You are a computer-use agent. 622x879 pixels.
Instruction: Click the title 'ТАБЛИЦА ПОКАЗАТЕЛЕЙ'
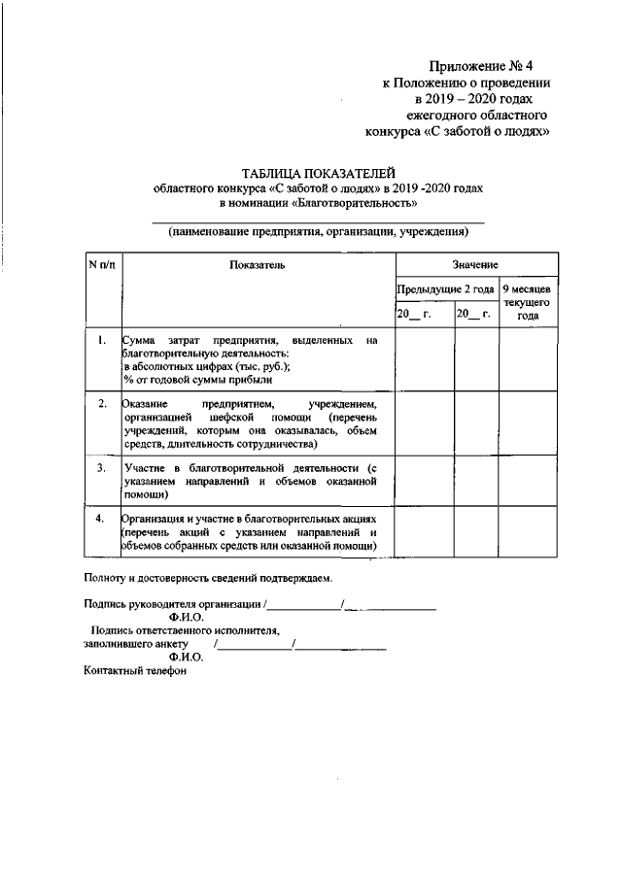(x=317, y=171)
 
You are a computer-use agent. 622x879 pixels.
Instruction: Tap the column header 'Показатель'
(x=258, y=265)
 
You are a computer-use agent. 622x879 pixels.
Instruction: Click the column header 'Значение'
(x=475, y=265)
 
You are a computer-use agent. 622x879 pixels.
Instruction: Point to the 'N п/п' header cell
(x=101, y=265)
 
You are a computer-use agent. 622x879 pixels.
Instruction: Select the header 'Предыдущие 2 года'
(x=446, y=289)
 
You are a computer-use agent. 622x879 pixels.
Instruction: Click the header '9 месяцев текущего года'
(x=528, y=302)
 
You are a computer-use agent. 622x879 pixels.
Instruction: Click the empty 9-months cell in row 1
(x=528, y=360)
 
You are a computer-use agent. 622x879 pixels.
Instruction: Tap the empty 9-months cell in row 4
(x=528, y=532)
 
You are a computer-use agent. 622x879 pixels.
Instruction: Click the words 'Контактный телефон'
(x=134, y=671)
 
